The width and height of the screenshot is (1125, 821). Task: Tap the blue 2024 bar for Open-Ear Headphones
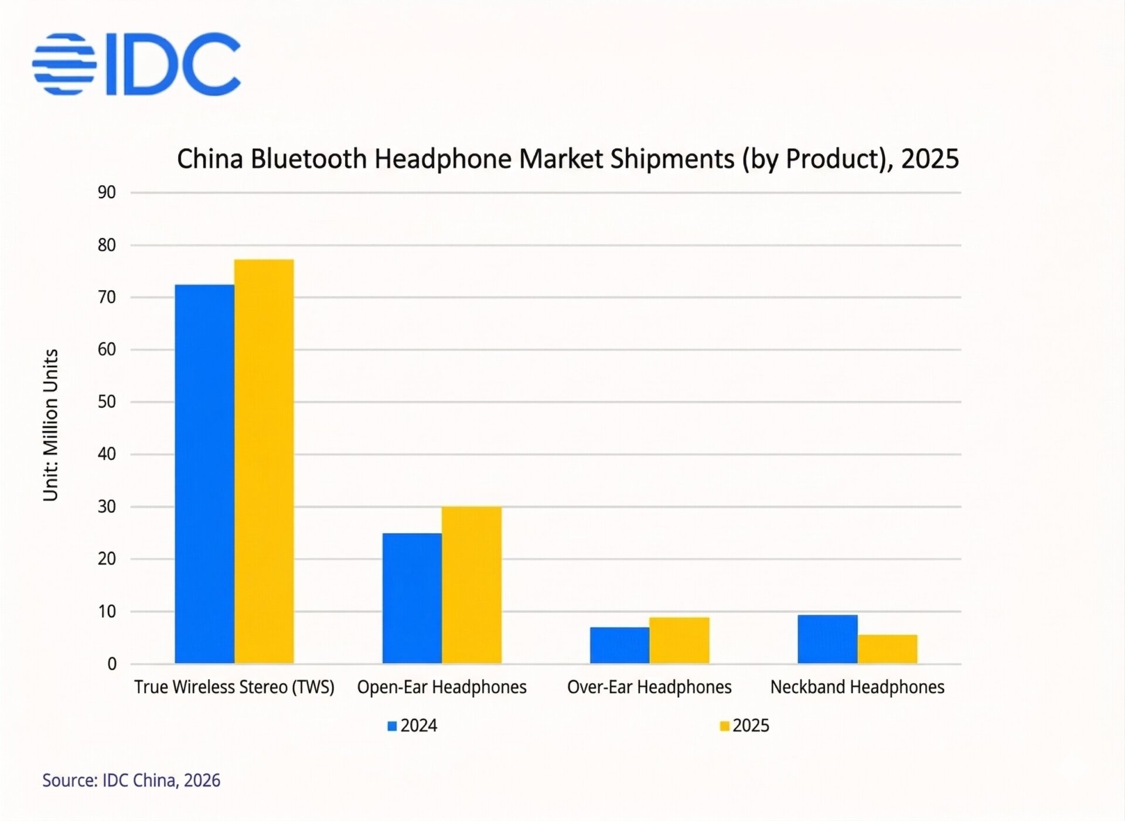[412, 598]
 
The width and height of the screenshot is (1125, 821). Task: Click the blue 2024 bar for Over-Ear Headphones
[619, 645]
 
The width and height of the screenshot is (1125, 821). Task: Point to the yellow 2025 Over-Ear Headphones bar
[679, 640]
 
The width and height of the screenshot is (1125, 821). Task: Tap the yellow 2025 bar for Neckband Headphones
[887, 649]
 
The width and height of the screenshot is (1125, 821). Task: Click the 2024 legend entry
[412, 725]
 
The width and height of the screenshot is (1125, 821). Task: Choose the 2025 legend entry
[745, 725]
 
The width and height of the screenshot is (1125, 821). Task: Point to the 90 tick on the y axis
[107, 192]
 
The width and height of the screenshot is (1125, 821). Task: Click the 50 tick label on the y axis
[107, 402]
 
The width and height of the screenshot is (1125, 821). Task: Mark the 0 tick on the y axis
[112, 664]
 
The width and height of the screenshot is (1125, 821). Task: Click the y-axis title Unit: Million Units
[51, 425]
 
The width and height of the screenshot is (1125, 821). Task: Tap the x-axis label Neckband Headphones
[857, 687]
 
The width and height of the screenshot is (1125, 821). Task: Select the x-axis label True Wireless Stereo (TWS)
[234, 687]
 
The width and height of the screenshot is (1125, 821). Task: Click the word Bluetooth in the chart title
[309, 159]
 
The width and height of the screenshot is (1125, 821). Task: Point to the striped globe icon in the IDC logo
[64, 64]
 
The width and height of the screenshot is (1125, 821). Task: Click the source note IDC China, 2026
[131, 781]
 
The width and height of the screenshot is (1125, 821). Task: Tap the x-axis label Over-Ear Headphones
[649, 687]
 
